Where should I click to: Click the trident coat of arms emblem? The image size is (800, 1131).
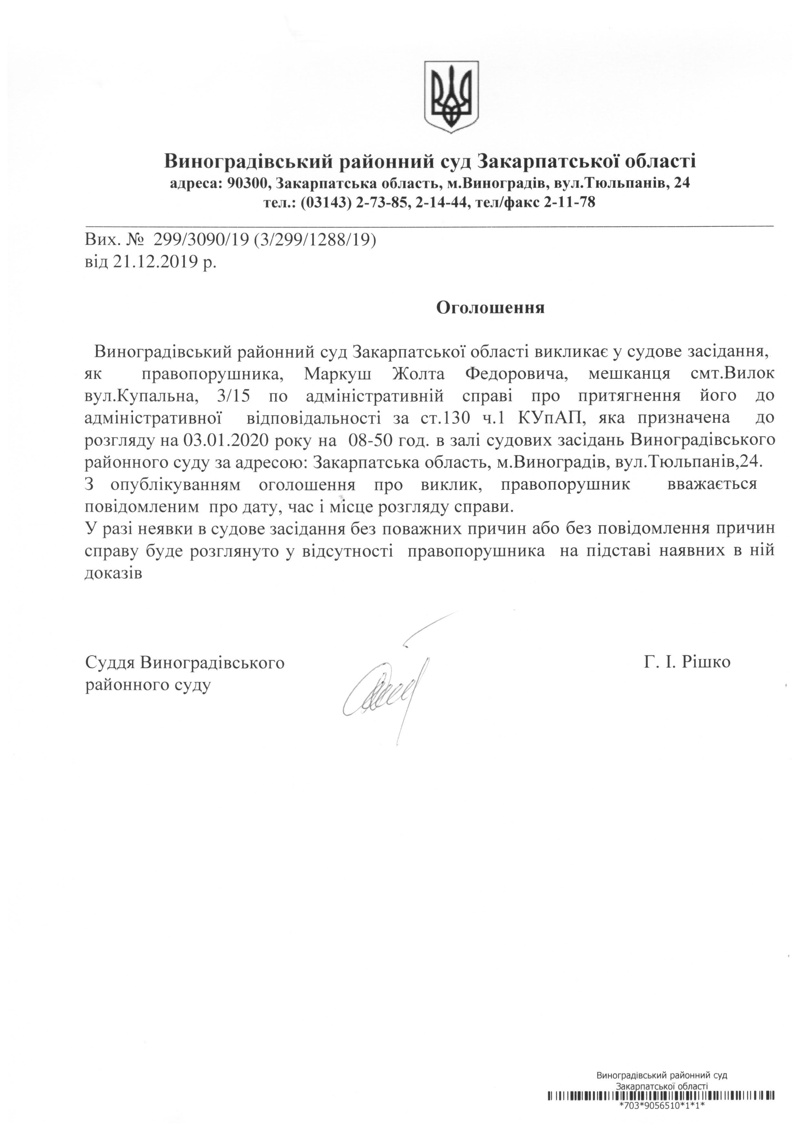452,96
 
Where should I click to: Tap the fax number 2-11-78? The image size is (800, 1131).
569,202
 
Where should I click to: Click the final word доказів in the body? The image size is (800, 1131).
113,573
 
